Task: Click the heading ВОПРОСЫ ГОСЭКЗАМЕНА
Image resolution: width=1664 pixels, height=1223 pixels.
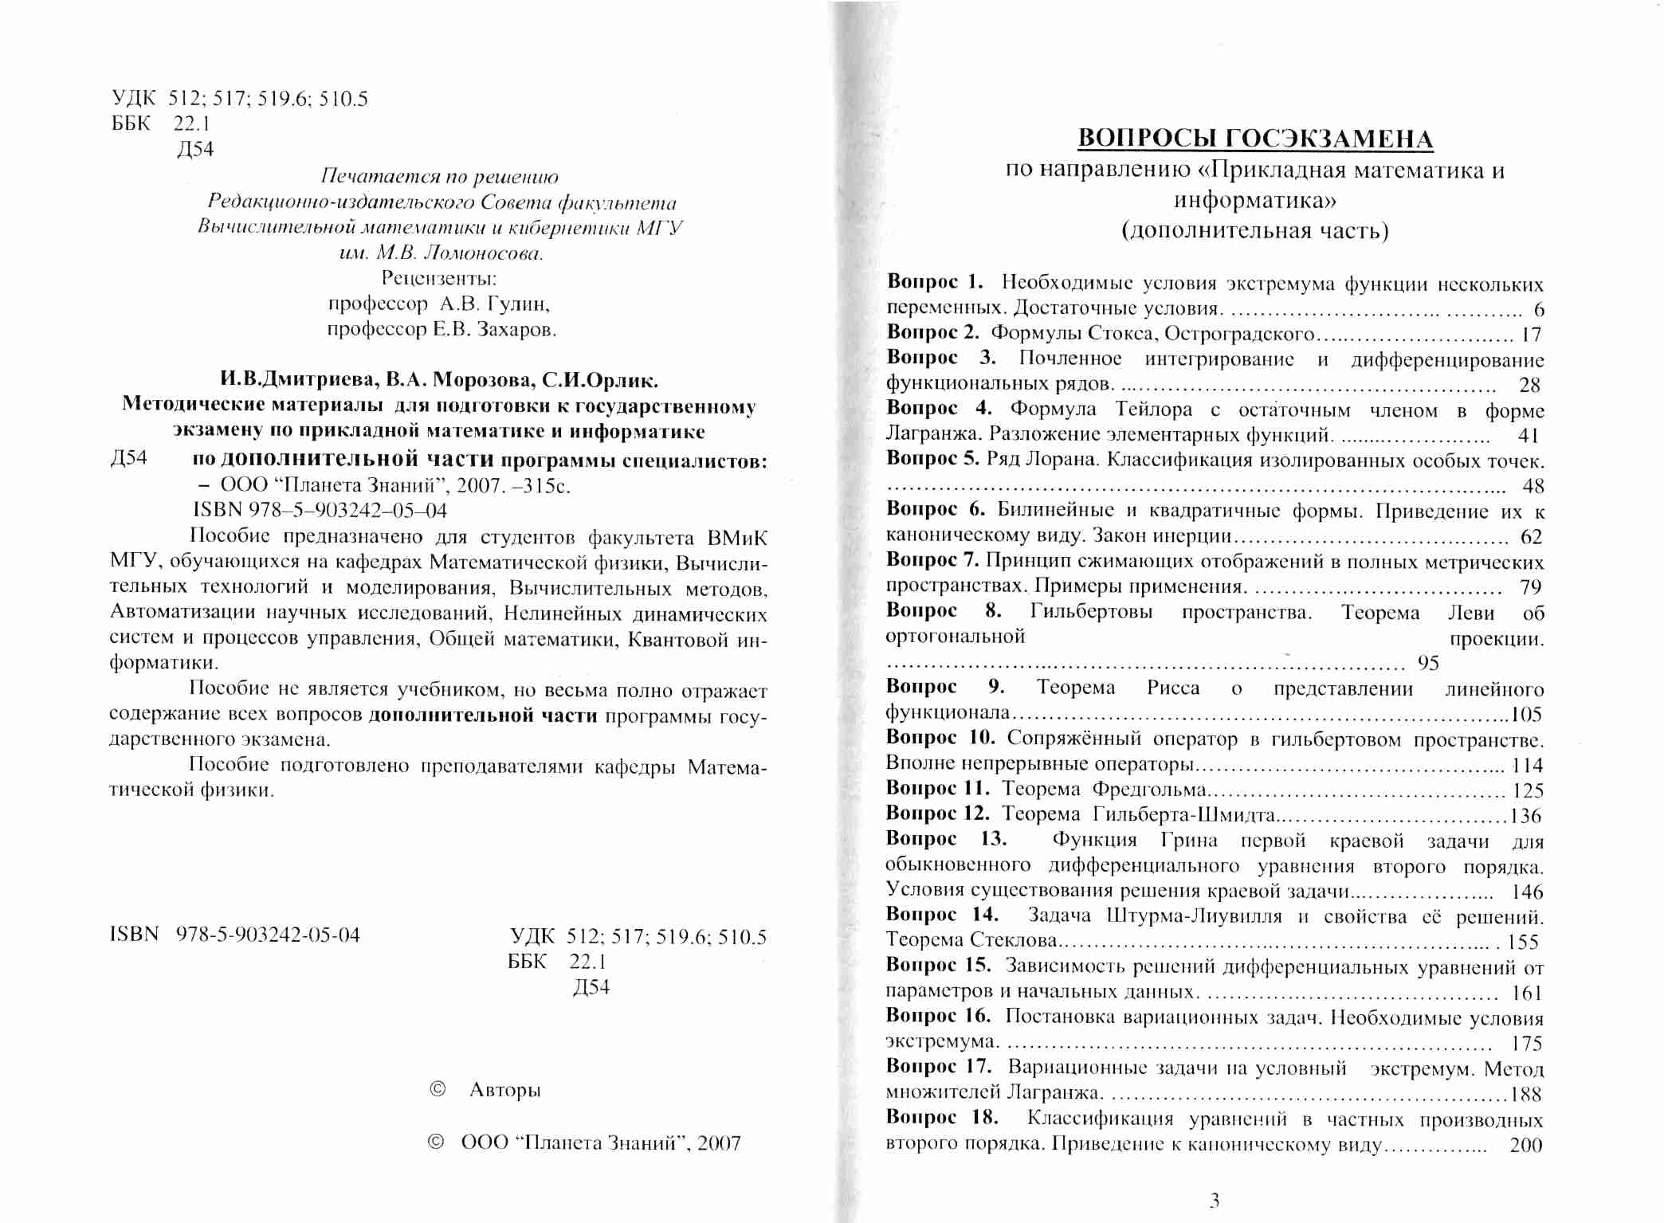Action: [1255, 139]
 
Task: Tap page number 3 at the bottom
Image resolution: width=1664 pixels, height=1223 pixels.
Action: [1215, 1200]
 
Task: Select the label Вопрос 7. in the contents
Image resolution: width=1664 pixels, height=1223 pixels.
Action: [932, 561]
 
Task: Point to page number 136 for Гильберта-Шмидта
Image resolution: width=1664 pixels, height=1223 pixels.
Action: [1526, 816]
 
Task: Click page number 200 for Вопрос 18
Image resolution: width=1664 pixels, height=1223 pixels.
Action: [1526, 1145]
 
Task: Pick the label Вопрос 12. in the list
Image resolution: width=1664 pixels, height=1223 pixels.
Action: [938, 813]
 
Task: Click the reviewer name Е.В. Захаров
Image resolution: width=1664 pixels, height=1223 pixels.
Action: [494, 329]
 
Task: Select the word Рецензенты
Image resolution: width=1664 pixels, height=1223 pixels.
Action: [439, 278]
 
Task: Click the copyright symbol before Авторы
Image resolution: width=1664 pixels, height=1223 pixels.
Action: [438, 1089]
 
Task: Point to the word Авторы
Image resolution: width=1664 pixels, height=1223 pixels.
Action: [505, 1090]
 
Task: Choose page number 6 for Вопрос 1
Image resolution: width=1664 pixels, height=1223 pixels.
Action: [1539, 310]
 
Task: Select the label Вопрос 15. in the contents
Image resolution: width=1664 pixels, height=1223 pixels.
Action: [939, 966]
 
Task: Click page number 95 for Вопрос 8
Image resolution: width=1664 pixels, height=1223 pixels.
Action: [1428, 663]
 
